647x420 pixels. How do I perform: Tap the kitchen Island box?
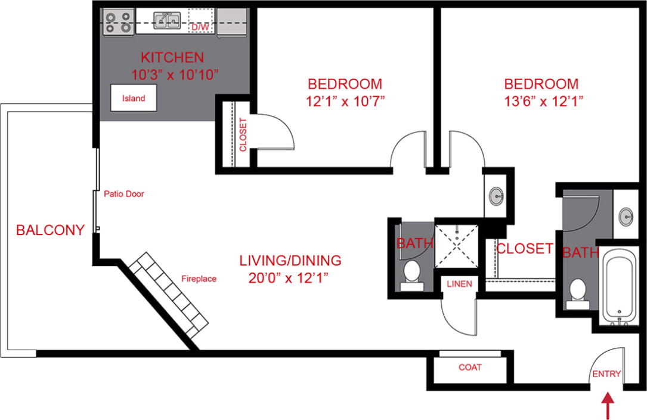click(x=133, y=98)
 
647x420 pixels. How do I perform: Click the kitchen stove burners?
click(x=117, y=21)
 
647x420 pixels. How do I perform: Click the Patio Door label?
click(x=124, y=194)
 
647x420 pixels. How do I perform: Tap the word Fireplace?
click(x=199, y=279)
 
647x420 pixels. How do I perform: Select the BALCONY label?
click(x=50, y=230)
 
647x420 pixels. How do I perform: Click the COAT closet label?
click(x=470, y=367)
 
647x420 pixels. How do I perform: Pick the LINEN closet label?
click(x=459, y=284)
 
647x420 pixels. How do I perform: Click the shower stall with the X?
click(x=456, y=244)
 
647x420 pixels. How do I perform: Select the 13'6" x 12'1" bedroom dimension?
click(x=541, y=101)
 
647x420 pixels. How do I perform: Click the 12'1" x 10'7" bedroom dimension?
click(x=345, y=101)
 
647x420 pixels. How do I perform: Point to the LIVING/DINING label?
click(x=290, y=261)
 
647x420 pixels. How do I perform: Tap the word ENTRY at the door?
click(x=606, y=374)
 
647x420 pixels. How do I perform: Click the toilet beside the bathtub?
click(x=577, y=292)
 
